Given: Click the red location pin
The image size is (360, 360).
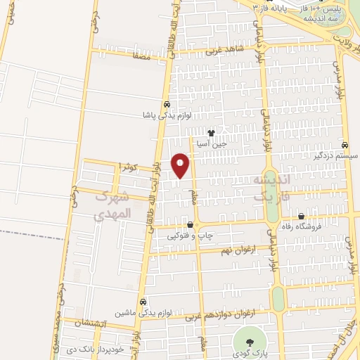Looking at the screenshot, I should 181,165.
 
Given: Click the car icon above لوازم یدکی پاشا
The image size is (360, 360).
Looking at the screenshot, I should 167,104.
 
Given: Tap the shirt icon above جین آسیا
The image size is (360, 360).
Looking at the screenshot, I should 210,131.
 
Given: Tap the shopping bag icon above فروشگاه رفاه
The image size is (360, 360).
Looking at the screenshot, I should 301,217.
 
